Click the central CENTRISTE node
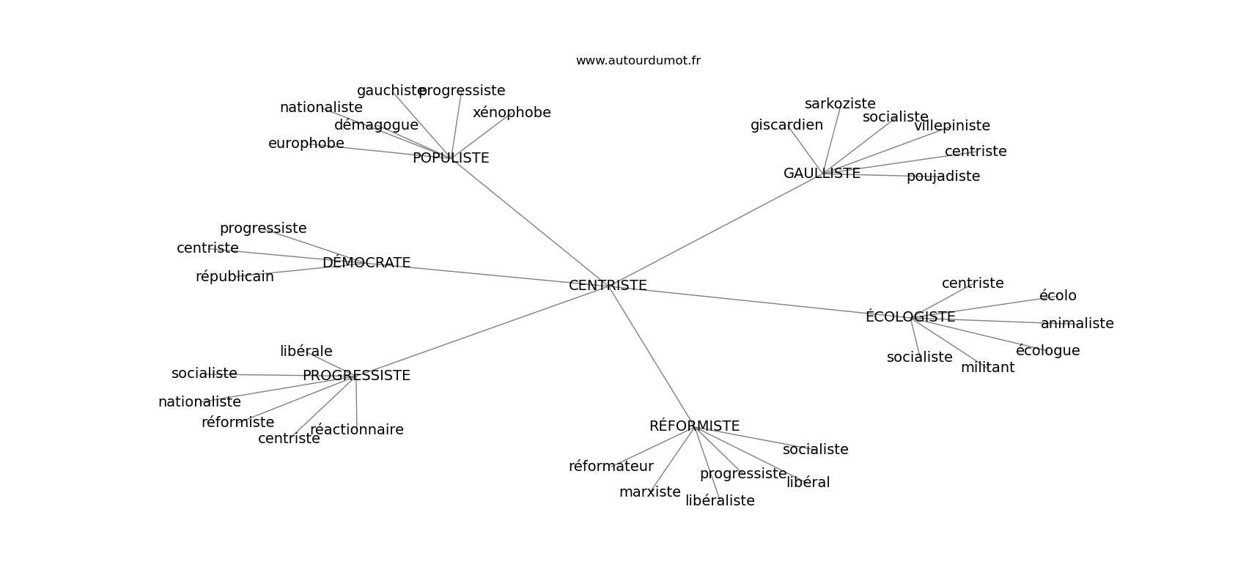[x=608, y=286]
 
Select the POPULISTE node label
[x=451, y=158]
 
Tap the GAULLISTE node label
[x=822, y=174]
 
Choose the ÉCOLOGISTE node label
[x=910, y=317]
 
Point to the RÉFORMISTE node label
[x=694, y=426]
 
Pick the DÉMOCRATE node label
[x=366, y=263]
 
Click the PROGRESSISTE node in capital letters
[x=356, y=376]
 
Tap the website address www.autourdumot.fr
[x=638, y=61]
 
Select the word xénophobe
[x=512, y=113]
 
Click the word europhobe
[x=306, y=144]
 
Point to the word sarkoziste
[x=840, y=104]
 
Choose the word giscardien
[x=786, y=125]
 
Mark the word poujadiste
[x=943, y=177]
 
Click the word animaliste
[x=1077, y=324]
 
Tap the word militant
[x=987, y=368]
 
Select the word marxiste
[x=650, y=492]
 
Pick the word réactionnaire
[x=357, y=430]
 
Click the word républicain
[x=235, y=277]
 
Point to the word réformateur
[x=611, y=467]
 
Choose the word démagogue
[x=376, y=125]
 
